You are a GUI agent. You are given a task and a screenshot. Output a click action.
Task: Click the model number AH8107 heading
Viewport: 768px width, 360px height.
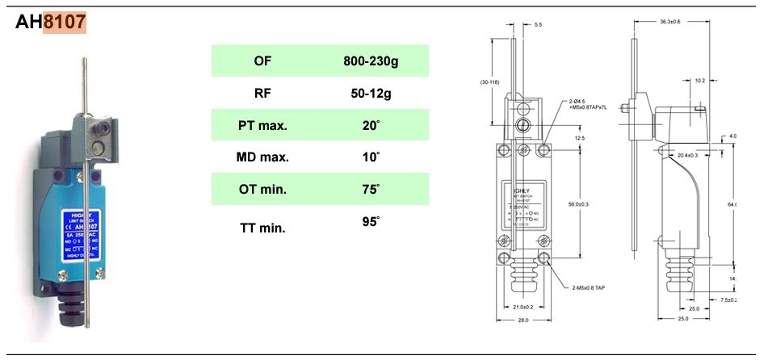51,23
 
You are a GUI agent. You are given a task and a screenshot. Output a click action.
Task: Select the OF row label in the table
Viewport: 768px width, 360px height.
262,61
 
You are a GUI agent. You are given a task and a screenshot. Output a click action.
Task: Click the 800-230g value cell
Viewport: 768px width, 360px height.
371,61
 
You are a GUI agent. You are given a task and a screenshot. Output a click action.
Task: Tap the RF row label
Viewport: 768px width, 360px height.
262,93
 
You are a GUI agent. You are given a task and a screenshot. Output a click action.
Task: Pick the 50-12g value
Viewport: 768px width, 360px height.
371,93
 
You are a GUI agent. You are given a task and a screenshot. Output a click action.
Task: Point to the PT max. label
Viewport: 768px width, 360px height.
262,125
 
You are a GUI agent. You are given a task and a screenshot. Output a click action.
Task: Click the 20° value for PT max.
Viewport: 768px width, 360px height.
371,125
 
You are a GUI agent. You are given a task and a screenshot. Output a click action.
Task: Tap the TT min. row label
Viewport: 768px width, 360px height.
262,228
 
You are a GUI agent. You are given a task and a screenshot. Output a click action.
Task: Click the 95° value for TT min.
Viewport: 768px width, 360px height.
371,220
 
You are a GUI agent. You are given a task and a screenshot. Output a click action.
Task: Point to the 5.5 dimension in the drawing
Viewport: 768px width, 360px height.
539,25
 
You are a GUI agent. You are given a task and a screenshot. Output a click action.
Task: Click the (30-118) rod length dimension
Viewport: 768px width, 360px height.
489,82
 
